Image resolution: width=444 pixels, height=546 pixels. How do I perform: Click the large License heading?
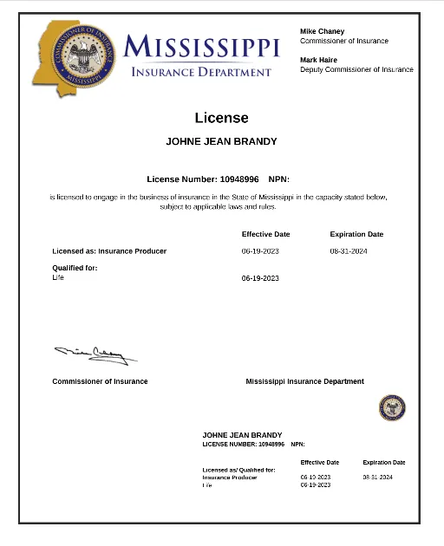(221, 118)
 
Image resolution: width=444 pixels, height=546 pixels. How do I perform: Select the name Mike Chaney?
(322, 31)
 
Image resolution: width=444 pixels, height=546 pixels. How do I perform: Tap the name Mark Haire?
(319, 60)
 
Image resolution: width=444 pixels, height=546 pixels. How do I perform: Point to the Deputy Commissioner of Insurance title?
(356, 69)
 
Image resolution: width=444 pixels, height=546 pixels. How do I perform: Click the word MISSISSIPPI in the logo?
(201, 47)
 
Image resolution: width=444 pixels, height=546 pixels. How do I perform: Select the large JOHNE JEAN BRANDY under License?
(221, 141)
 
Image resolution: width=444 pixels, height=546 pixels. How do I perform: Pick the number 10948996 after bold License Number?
(239, 179)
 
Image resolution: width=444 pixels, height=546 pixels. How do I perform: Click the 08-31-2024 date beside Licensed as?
(349, 251)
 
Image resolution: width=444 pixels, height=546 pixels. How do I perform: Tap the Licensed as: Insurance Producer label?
(109, 251)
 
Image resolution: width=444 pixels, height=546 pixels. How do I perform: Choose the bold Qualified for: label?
(75, 268)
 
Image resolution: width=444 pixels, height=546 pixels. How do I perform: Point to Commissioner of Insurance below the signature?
(100, 381)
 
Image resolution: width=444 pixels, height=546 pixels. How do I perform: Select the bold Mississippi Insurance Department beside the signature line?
(304, 381)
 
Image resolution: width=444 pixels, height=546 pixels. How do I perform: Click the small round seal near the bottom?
(392, 407)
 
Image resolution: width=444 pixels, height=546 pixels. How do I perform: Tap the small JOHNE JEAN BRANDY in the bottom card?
(242, 435)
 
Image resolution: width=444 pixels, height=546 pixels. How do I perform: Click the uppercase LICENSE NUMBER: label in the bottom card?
(229, 444)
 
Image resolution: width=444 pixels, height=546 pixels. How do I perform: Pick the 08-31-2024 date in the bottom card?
(378, 478)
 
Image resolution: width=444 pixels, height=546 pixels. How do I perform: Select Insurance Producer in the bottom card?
(230, 478)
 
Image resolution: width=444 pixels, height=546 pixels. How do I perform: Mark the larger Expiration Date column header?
(356, 234)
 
